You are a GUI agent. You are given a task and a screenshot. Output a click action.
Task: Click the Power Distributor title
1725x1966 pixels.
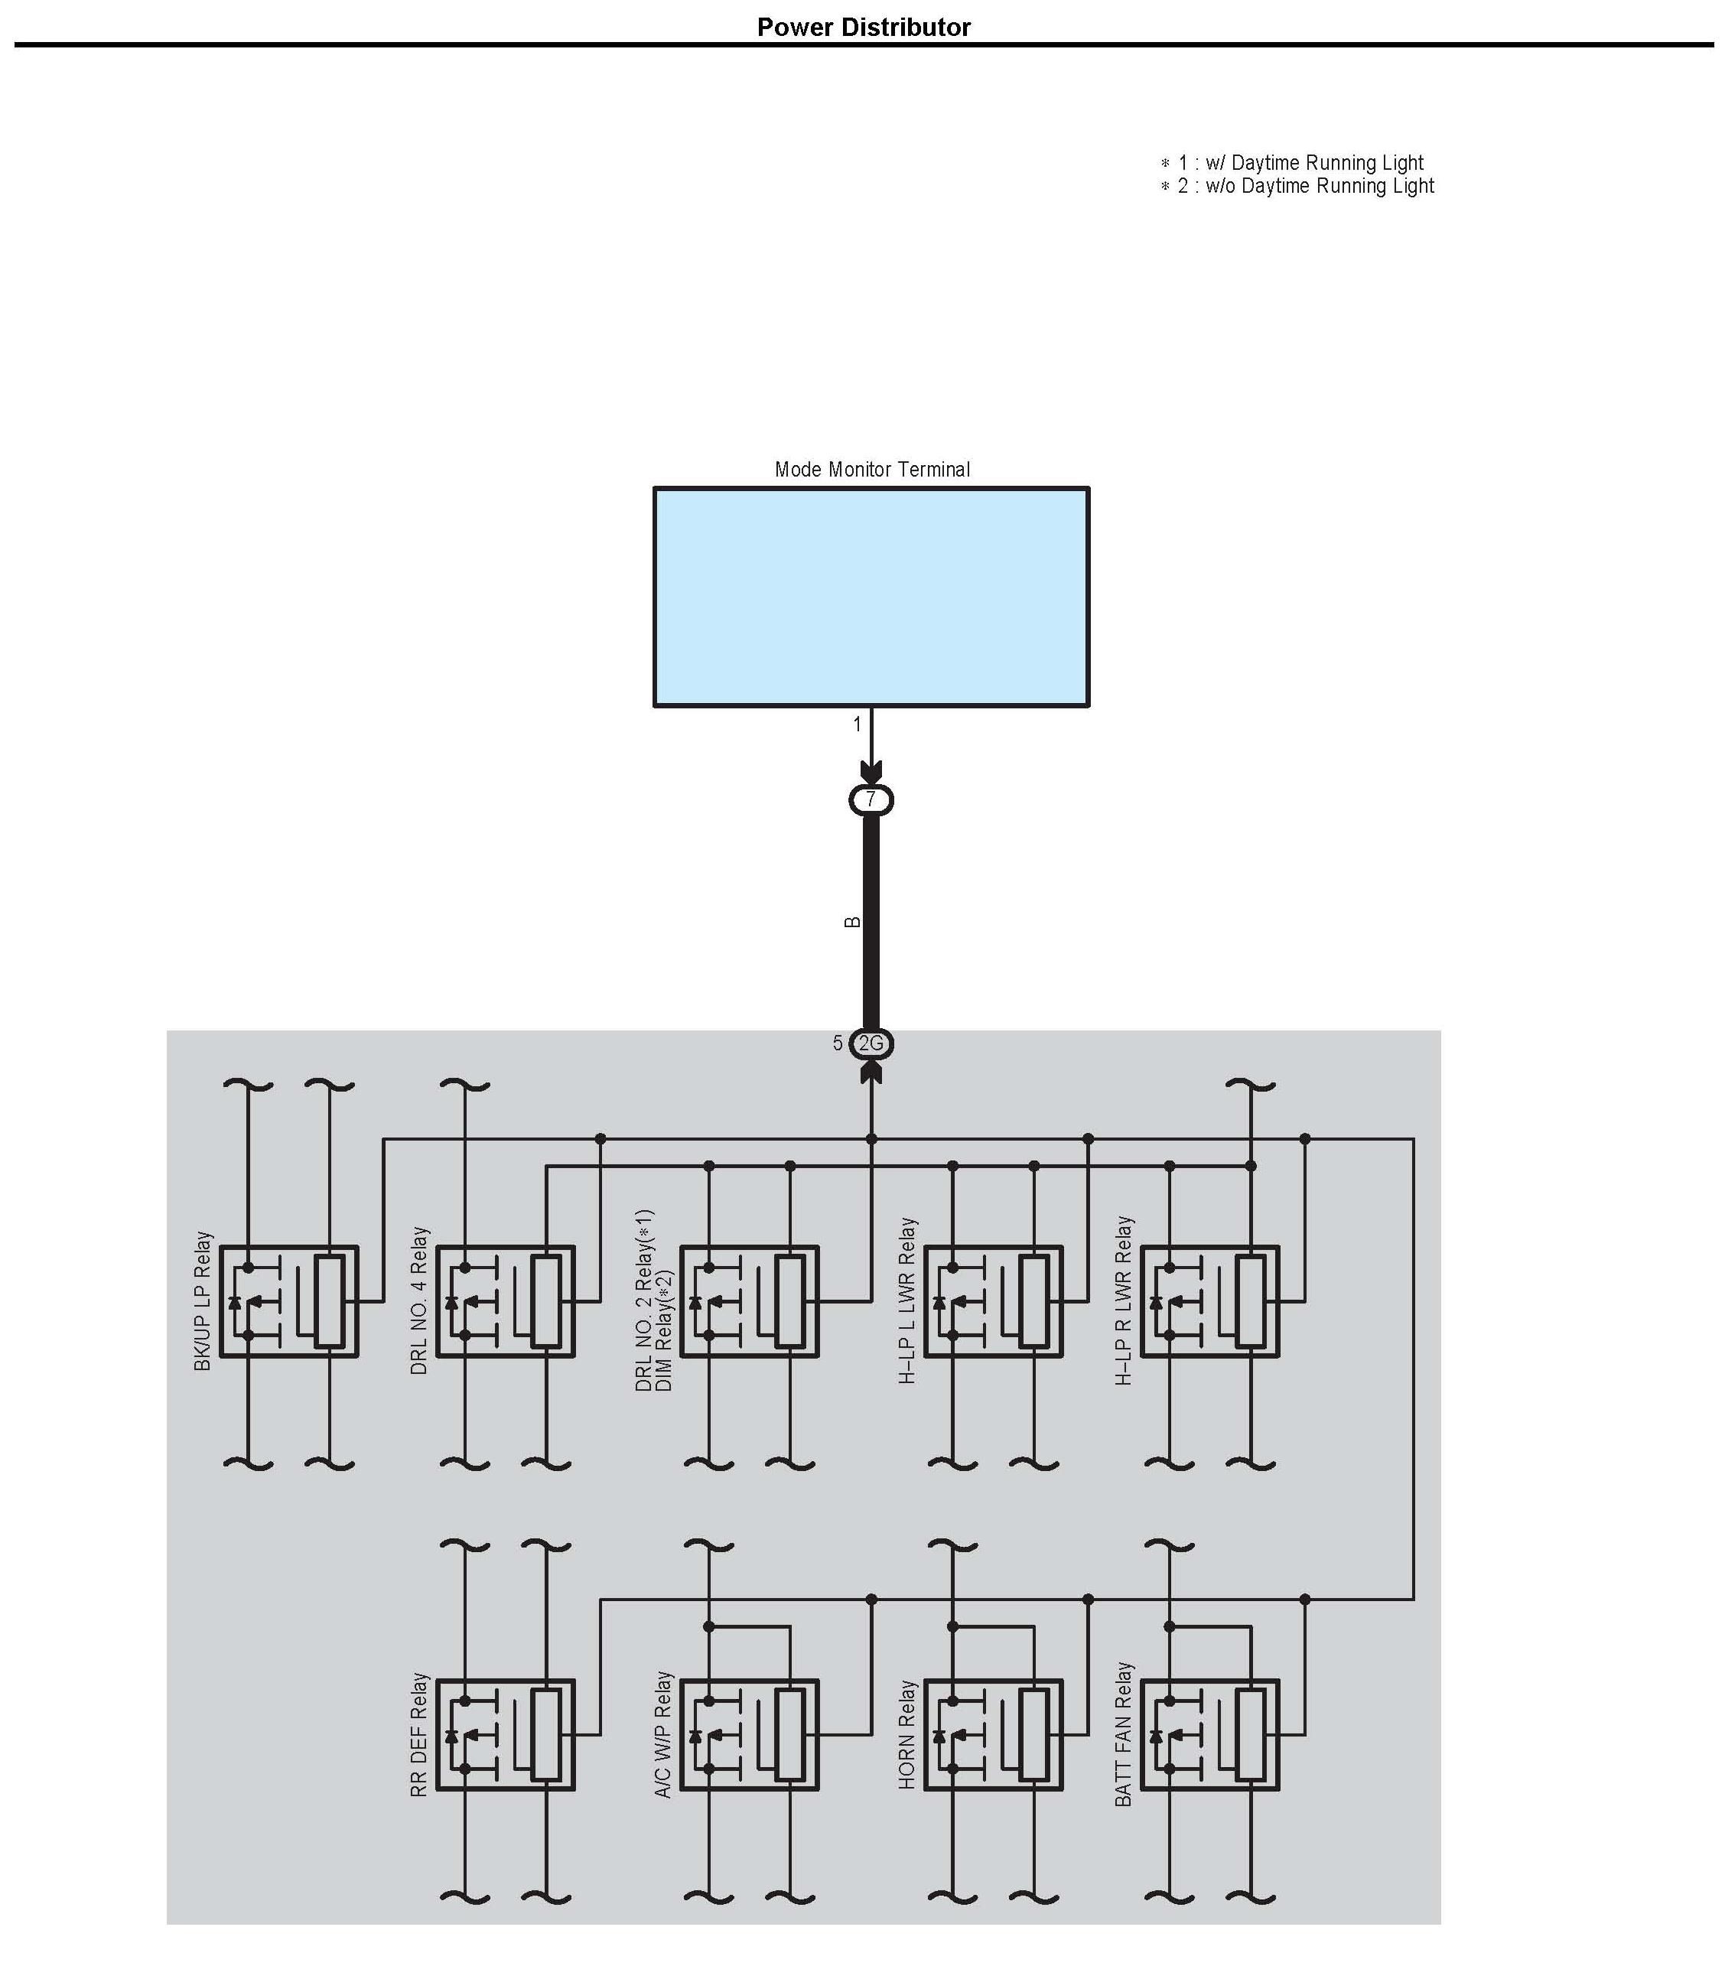tap(863, 27)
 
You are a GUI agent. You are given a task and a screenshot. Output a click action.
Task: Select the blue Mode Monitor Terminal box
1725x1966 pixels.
tap(871, 597)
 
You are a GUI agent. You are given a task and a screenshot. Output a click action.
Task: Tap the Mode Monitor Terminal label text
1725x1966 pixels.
tap(871, 470)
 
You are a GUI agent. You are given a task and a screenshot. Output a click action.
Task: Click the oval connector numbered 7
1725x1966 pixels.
tap(871, 799)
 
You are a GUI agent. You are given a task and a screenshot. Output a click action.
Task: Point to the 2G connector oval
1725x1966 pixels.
tap(871, 1043)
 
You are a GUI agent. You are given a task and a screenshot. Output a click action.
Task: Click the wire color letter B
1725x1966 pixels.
tap(851, 922)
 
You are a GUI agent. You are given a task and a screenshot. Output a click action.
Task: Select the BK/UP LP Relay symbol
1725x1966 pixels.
tap(288, 1301)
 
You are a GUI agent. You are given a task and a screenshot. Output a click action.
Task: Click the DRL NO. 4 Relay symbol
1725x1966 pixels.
tap(505, 1301)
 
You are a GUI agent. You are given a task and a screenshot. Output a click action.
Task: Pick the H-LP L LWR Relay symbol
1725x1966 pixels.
tap(993, 1301)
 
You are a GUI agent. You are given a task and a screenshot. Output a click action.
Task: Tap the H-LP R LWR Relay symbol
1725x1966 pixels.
tap(1209, 1301)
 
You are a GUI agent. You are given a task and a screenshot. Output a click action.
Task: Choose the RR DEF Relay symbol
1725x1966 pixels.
tap(505, 1735)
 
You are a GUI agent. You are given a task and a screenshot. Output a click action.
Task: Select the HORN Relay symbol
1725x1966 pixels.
tap(993, 1735)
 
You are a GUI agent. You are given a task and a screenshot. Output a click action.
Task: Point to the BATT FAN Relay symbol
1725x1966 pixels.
tap(1209, 1735)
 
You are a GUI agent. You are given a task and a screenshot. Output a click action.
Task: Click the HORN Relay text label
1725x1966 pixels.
tap(907, 1735)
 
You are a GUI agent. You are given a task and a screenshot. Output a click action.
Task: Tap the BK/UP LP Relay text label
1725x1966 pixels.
tap(203, 1300)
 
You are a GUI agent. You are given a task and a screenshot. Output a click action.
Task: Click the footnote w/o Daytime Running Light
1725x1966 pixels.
tap(1298, 186)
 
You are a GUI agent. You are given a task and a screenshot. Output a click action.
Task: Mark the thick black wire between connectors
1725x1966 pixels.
tap(871, 922)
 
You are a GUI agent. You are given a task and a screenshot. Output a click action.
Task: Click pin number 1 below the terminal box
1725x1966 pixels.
tap(858, 724)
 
